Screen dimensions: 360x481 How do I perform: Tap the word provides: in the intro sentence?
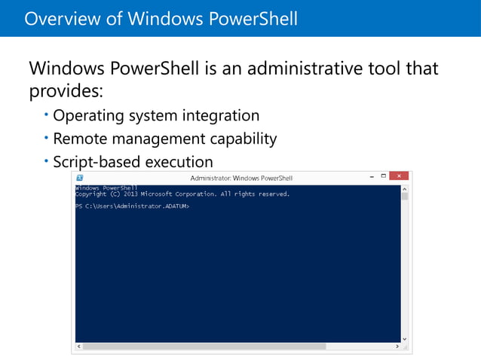tap(65, 92)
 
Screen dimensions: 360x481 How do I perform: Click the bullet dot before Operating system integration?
tap(46, 114)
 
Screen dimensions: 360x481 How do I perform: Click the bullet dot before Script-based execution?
tap(46, 160)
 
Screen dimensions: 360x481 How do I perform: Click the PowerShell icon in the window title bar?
tap(80, 178)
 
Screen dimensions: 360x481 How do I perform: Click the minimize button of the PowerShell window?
tap(371, 177)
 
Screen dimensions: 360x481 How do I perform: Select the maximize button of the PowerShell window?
tap(383, 177)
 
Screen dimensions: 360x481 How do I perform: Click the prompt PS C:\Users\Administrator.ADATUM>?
tap(132, 206)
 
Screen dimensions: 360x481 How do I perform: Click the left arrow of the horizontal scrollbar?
tap(78, 346)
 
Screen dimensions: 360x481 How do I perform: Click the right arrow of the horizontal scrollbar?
tap(397, 346)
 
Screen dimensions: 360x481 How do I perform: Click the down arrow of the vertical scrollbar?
tap(405, 339)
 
